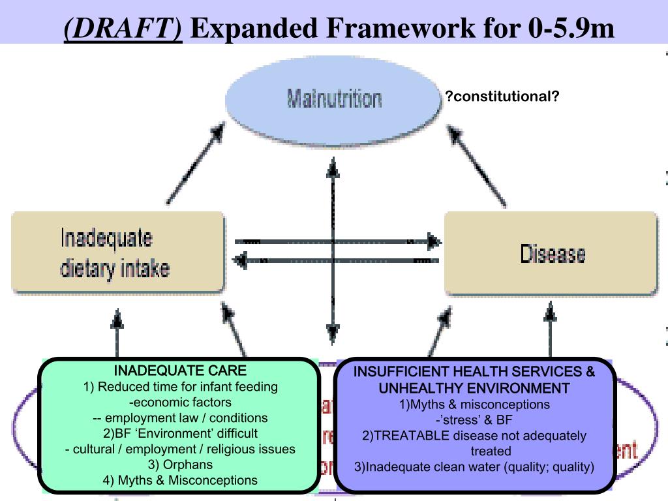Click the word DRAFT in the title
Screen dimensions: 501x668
pos(124,27)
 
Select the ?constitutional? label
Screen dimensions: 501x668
pos(502,97)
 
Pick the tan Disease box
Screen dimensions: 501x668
pos(551,253)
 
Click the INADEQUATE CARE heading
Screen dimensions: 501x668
pos(181,371)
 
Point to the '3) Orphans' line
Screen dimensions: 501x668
pos(181,465)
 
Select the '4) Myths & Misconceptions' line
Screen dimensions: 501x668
pos(181,480)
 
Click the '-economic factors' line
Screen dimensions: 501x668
pos(181,402)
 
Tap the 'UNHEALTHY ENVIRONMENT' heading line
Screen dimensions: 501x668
pos(474,389)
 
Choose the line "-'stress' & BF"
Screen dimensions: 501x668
pos(474,420)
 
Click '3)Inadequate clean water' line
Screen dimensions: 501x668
pos(474,467)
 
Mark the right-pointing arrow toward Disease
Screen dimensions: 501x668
pos(336,241)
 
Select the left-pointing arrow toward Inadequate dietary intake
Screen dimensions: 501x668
pos(336,261)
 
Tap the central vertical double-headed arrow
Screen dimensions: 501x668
pos(333,251)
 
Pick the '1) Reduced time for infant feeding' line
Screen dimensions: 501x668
pos(181,387)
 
